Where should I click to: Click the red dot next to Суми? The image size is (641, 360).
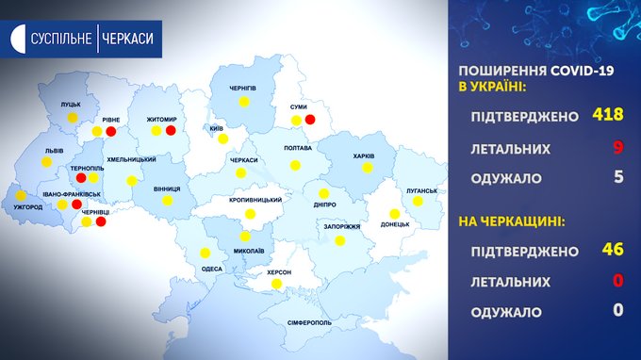click(x=310, y=120)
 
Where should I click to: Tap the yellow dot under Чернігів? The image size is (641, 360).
click(x=244, y=102)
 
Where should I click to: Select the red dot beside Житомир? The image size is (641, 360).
click(x=171, y=130)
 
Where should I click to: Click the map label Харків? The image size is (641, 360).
click(x=364, y=156)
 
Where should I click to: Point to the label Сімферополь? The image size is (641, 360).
click(x=309, y=323)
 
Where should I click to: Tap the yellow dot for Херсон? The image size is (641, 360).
click(x=277, y=284)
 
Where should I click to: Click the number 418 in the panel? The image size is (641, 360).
click(x=608, y=114)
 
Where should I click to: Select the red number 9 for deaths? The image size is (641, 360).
click(x=618, y=147)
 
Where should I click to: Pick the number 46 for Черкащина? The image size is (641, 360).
click(x=613, y=249)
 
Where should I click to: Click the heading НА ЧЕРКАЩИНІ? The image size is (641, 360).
click(x=512, y=221)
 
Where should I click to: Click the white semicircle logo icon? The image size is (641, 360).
click(x=19, y=39)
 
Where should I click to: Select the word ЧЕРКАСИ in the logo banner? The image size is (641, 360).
click(x=127, y=39)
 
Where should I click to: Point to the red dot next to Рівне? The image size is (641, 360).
click(x=111, y=132)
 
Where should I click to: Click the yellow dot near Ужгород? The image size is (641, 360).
click(x=21, y=195)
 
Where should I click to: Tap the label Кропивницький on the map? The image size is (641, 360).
click(x=255, y=200)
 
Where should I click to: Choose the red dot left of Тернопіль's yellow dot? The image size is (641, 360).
click(x=81, y=178)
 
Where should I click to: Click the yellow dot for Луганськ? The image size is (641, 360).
click(x=418, y=201)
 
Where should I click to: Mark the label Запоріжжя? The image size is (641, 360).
click(x=342, y=227)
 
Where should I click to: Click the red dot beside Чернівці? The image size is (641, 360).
click(x=101, y=221)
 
